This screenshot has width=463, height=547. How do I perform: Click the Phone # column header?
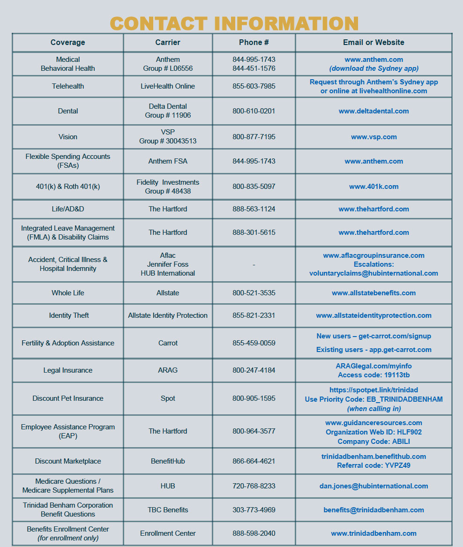254,42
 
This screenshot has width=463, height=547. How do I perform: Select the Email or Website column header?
373,42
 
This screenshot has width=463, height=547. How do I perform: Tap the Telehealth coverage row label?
68,86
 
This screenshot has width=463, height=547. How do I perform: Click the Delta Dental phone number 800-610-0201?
254,111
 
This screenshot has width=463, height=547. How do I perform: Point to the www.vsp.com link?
373,137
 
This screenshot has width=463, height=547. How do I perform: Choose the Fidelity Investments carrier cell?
168,187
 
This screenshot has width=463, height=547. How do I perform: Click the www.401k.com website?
373,187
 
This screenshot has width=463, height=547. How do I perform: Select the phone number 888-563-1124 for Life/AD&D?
254,209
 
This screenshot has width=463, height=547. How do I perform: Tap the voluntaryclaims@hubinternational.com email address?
373,273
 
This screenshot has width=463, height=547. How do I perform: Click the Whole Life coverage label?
68,293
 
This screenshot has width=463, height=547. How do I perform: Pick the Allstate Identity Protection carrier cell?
168,315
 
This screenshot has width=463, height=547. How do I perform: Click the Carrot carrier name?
168,343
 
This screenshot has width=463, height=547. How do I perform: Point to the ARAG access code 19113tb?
373,375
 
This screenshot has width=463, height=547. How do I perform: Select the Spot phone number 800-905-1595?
254,398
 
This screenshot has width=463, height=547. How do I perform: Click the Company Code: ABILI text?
373,442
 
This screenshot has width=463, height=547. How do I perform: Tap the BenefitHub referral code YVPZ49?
373,465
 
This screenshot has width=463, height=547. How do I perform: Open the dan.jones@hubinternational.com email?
373,486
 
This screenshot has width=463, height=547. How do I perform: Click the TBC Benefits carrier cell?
168,510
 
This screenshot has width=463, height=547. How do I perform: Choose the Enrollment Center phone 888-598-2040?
254,533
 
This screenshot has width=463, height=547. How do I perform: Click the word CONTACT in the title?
158,23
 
